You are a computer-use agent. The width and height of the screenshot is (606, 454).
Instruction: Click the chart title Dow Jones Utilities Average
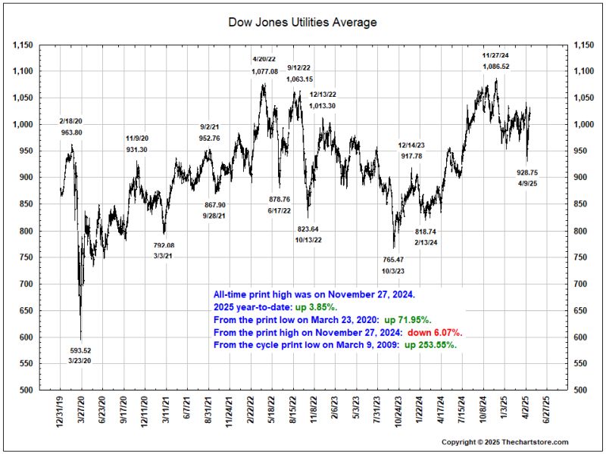302,23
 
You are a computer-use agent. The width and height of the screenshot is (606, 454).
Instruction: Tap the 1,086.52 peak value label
496,67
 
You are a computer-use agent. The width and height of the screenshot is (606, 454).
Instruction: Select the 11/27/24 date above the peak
496,55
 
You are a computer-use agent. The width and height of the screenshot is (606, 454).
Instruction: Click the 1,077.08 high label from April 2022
264,71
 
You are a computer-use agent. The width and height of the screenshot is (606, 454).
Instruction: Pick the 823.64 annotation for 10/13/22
308,229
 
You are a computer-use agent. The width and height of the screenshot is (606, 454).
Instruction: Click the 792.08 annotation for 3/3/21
164,245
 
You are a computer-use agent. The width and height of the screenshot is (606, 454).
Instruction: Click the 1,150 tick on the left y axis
24,45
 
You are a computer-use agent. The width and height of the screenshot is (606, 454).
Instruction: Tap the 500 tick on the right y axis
579,390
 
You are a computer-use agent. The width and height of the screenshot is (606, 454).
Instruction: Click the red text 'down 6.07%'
435,333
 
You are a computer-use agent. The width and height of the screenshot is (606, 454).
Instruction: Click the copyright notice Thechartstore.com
504,442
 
